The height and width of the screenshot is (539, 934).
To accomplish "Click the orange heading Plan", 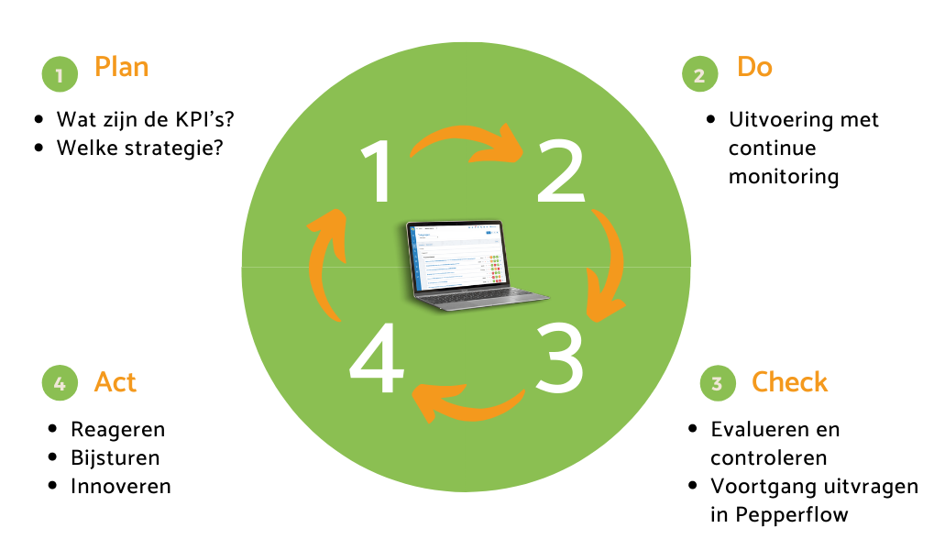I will [x=121, y=67].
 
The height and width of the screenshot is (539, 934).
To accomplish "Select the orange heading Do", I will [x=754, y=67].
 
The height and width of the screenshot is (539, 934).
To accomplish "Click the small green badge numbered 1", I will [x=60, y=75].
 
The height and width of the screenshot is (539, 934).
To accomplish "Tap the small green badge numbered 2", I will [x=699, y=75].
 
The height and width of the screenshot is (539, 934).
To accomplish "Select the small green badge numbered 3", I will [x=717, y=383].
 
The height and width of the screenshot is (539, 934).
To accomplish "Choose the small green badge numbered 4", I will [x=60, y=383].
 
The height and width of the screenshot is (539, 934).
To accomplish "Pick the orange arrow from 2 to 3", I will [x=609, y=266].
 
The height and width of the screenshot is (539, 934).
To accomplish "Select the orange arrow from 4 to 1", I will [x=325, y=264].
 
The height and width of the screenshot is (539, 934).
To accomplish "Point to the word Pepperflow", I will [x=793, y=514].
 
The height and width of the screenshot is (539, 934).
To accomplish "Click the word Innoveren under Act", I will [x=121, y=486].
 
